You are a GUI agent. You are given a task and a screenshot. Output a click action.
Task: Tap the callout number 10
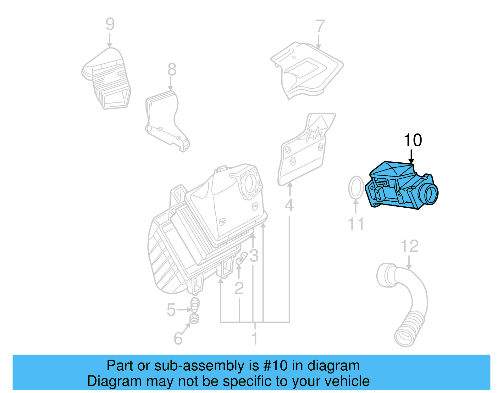tap(412, 140)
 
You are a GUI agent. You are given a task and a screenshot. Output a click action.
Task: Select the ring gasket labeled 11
tap(356, 188)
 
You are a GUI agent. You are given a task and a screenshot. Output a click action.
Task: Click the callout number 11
tap(356, 224)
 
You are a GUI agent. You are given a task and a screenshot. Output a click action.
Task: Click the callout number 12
tap(410, 246)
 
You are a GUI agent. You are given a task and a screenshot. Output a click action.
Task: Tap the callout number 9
tap(110, 24)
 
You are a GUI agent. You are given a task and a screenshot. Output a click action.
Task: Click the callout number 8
tap(172, 70)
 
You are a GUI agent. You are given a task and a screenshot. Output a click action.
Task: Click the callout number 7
tap(320, 26)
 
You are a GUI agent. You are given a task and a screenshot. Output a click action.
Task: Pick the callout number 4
tap(289, 205)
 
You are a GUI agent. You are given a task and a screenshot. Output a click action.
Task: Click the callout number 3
tap(254, 256)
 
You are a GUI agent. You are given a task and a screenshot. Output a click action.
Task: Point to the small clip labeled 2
tap(241, 258)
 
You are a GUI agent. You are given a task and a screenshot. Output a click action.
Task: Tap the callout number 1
tap(255, 339)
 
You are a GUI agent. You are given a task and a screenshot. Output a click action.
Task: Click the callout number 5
tap(171, 310)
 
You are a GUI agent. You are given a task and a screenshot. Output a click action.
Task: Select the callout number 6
tap(178, 339)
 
